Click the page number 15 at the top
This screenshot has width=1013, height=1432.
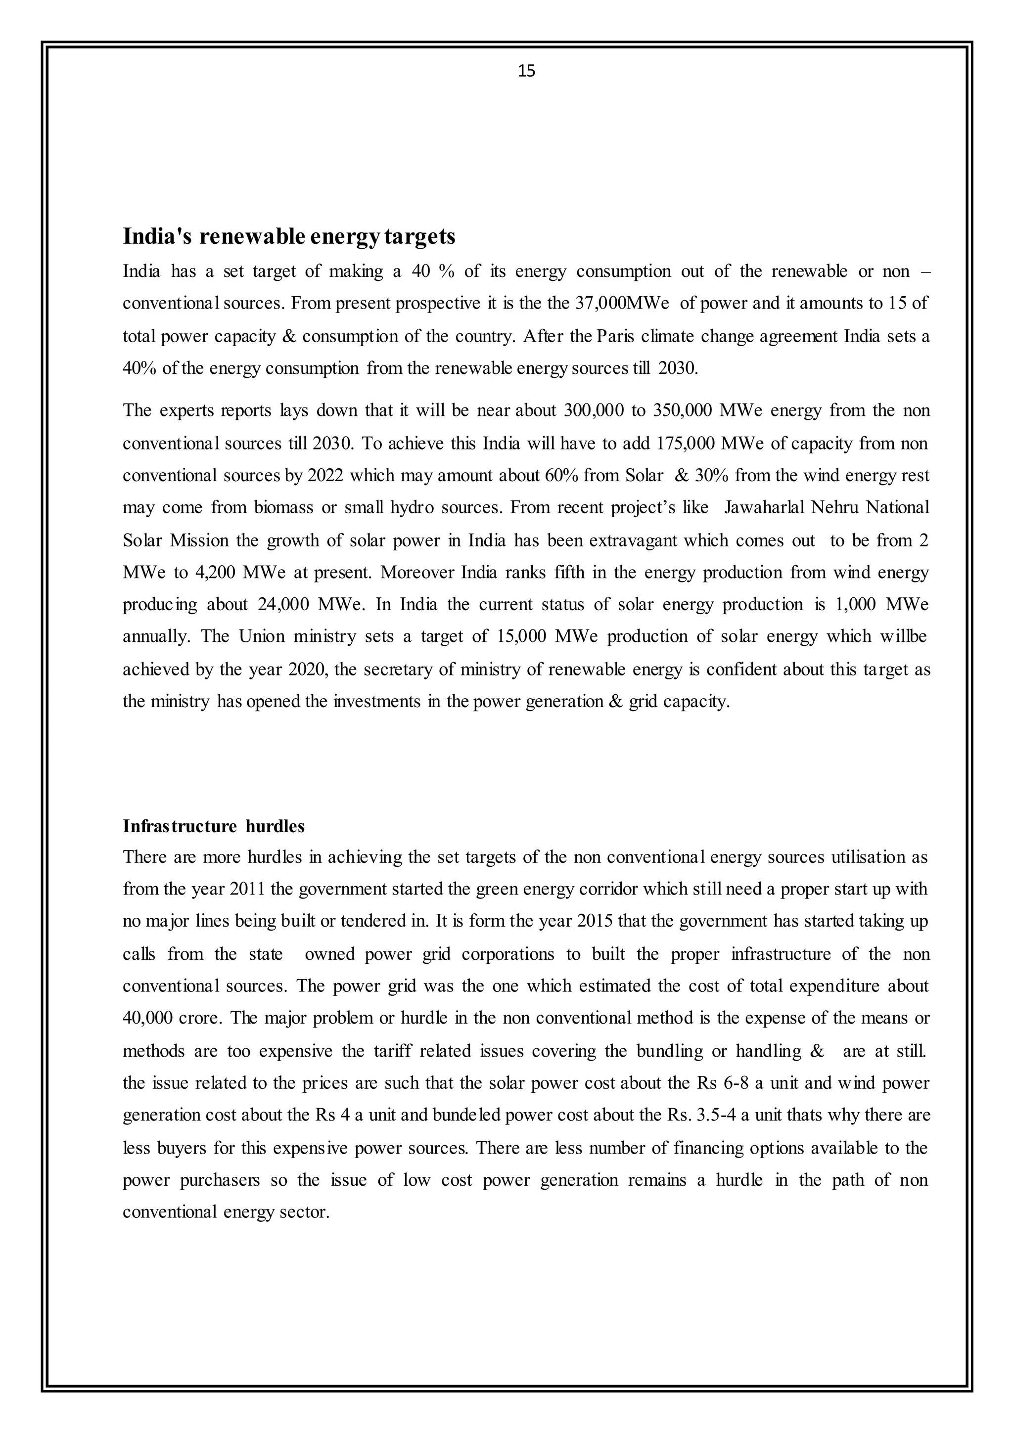526,71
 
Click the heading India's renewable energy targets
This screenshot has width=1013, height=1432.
289,236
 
